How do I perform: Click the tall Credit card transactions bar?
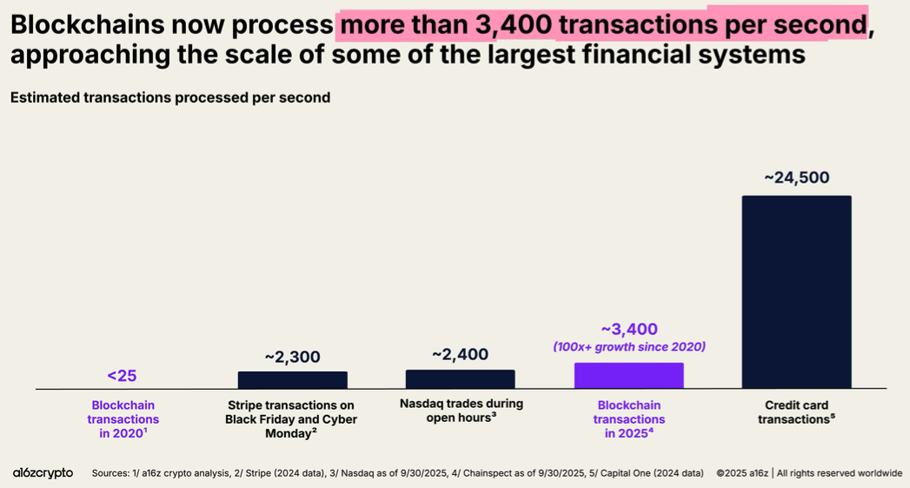pos(796,291)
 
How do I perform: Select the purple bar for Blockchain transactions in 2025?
pos(628,375)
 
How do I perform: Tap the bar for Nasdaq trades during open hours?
pos(460,378)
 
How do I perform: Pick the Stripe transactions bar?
pos(292,379)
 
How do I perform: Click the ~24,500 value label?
pos(796,177)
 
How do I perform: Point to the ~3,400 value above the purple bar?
pos(629,329)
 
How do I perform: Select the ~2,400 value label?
pos(460,354)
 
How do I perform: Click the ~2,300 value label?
pos(292,357)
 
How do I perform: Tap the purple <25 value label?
pos(122,376)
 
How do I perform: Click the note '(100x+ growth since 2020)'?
pos(629,346)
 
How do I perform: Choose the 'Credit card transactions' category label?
pos(796,411)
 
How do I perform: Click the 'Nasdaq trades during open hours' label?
pos(461,411)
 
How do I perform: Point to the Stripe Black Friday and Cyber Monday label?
pos(292,418)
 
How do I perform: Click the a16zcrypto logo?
pos(43,472)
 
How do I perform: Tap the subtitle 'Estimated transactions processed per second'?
pos(170,97)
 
